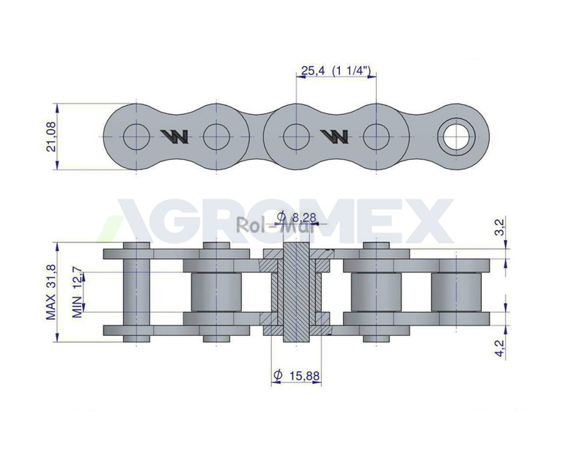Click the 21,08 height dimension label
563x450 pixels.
click(x=51, y=136)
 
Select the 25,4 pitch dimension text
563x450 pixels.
click(x=313, y=70)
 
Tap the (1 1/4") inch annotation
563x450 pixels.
click(x=351, y=70)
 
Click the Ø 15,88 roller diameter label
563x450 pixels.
click(x=297, y=376)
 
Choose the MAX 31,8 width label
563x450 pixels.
click(x=50, y=292)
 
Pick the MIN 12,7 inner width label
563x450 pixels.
click(x=78, y=292)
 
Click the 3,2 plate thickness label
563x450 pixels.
click(x=500, y=226)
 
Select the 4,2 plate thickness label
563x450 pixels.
click(x=500, y=349)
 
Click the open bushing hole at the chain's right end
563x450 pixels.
click(x=456, y=136)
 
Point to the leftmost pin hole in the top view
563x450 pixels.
click(x=137, y=136)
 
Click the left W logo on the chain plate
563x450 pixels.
click(x=174, y=136)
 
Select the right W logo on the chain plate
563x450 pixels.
click(x=334, y=136)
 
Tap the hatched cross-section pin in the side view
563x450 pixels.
click(x=297, y=292)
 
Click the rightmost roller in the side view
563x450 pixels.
click(x=456, y=292)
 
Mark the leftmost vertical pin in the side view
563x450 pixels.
click(x=137, y=292)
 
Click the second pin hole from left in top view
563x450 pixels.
click(x=216, y=136)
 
